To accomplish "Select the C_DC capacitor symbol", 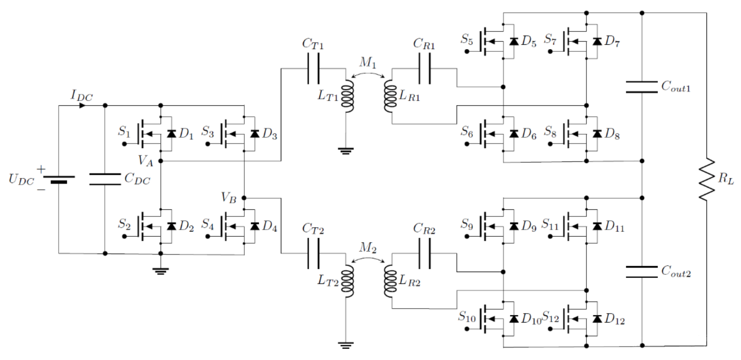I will coord(105,179).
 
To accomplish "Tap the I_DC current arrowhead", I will coord(82,106).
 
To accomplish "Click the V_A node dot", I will coord(161,161).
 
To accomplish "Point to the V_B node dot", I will coord(244,198).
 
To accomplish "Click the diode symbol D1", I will coord(172,134).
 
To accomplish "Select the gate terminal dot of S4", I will coord(208,237).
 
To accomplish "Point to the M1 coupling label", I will coord(368,62).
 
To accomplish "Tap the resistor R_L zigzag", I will coord(707,179).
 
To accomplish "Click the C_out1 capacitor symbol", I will coord(642,87).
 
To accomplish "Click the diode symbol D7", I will coord(597,41).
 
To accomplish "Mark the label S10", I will coord(467,317).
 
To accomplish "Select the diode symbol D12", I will coord(597,319).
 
